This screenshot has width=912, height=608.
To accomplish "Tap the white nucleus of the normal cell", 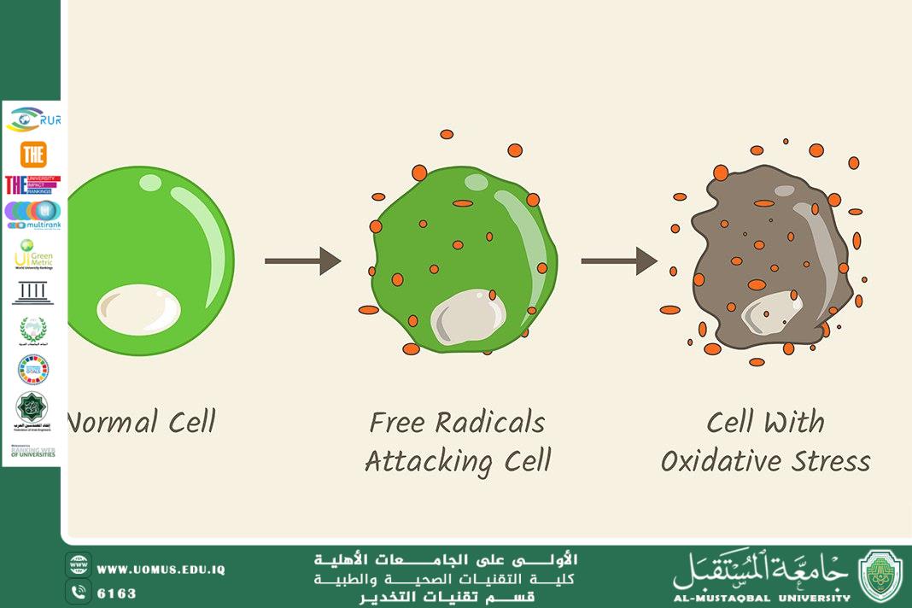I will click(x=138, y=309).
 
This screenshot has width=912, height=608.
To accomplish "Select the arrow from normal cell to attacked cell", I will click(x=302, y=260).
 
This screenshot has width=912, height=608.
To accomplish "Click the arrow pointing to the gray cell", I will click(x=618, y=260).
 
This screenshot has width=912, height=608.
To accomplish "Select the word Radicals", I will click(x=490, y=422).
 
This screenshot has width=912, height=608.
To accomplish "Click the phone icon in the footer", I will click(x=79, y=591).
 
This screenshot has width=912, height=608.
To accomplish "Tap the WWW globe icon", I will click(x=79, y=566).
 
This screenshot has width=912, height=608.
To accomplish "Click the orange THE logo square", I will click(x=33, y=154).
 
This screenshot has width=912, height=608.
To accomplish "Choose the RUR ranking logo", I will click(x=33, y=120).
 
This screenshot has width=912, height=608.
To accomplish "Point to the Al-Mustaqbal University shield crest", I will click(x=880, y=576).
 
